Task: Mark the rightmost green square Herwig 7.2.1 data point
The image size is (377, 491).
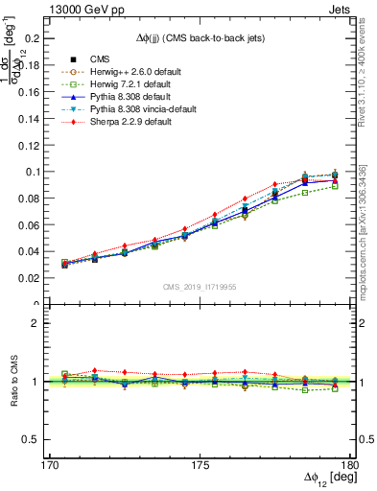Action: [x=335, y=186]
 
